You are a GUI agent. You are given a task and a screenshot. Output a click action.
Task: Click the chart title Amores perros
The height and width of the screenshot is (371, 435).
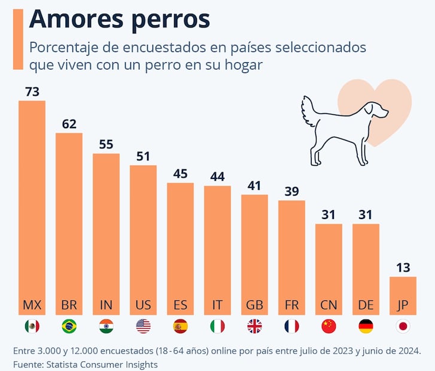click(120, 19)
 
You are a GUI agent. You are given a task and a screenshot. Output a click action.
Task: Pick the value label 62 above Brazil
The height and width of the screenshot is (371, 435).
click(69, 124)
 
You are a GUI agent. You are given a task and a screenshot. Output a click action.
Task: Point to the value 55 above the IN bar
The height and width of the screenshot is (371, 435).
click(106, 145)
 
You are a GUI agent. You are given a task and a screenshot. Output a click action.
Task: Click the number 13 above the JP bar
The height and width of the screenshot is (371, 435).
click(403, 267)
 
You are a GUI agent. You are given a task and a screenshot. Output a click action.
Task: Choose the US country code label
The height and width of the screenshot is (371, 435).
click(143, 305)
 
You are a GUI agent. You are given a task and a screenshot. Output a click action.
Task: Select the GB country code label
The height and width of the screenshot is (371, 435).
click(254, 305)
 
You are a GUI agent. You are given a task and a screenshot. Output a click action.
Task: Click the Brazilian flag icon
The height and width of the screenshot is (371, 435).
click(69, 326)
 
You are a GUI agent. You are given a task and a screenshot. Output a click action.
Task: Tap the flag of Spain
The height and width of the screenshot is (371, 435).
click(180, 326)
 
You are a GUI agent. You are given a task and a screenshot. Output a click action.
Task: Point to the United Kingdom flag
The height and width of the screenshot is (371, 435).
click(254, 326)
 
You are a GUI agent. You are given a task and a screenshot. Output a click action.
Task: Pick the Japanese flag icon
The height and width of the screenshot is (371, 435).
click(403, 326)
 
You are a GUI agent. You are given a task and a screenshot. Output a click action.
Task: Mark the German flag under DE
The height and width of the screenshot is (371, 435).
click(366, 326)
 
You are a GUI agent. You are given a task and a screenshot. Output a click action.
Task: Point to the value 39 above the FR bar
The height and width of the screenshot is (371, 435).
click(291, 191)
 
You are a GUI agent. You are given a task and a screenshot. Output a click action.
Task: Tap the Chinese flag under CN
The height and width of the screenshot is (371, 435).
click(328, 326)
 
